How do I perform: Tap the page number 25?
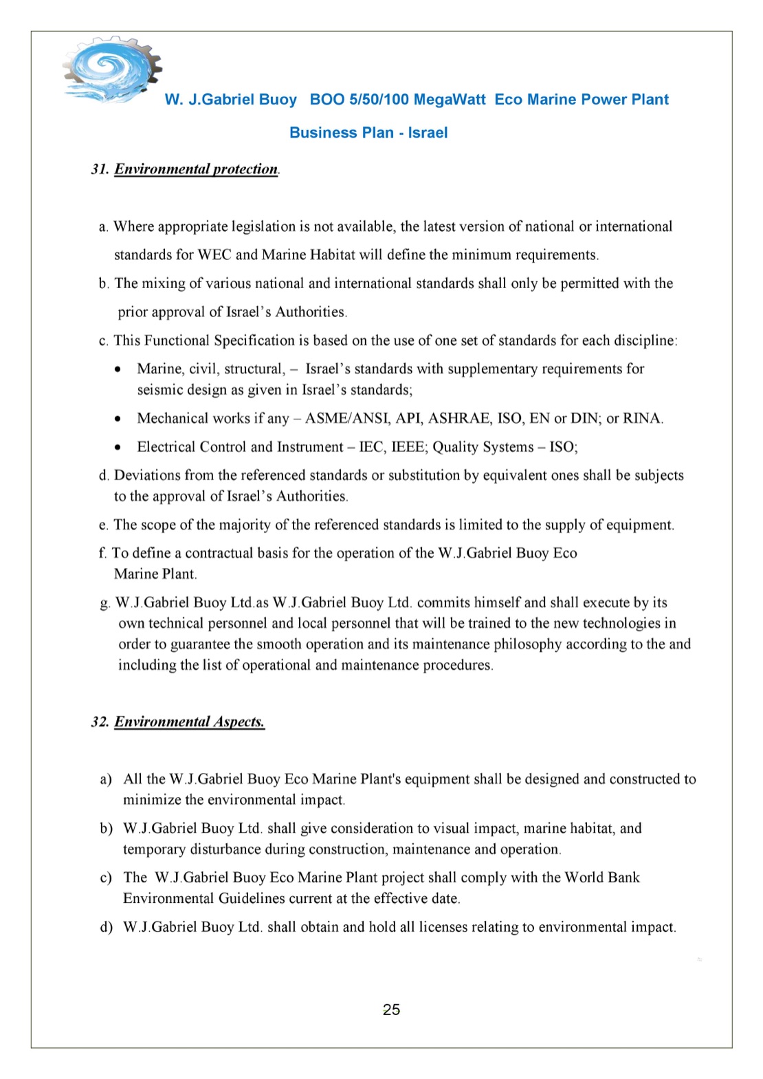(391, 1010)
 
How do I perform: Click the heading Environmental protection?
(196, 169)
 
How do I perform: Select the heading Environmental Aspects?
(189, 721)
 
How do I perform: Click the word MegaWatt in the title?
(450, 100)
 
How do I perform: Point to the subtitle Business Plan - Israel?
(368, 133)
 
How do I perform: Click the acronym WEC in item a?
(214, 255)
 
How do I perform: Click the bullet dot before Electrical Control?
(119, 448)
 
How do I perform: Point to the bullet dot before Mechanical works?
(119, 419)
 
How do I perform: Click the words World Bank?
(602, 878)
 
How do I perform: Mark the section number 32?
(100, 721)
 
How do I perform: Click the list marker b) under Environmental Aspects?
(106, 829)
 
